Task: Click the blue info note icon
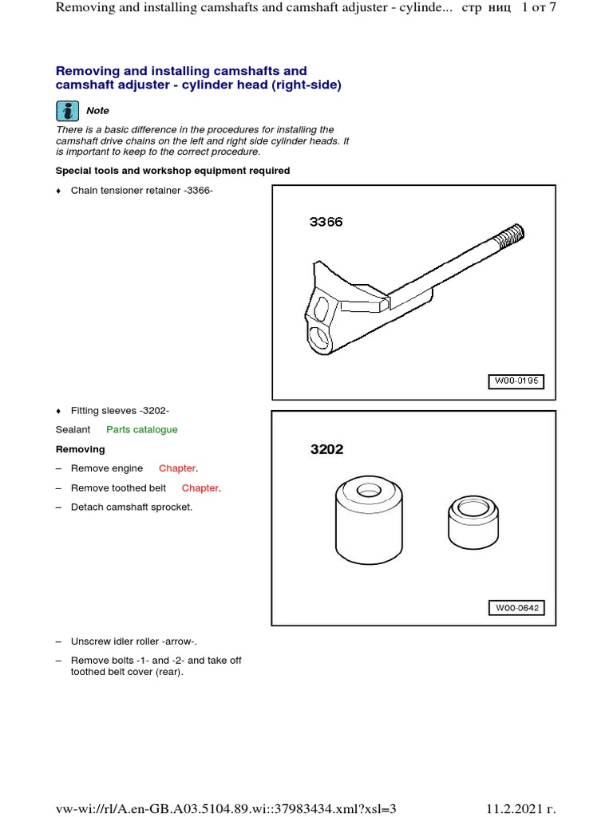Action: [x=67, y=111]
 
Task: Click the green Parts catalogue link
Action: [x=142, y=430]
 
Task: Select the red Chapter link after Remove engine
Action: [x=177, y=468]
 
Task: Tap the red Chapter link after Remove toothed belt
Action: [x=200, y=488]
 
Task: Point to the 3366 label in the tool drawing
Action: [x=326, y=222]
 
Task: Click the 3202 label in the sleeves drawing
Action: [x=326, y=449]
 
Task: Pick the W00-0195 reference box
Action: [x=516, y=381]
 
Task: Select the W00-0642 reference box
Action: [x=516, y=608]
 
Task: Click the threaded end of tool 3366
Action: [x=508, y=235]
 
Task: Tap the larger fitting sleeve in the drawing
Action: [x=369, y=519]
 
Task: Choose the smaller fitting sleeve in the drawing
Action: [x=473, y=523]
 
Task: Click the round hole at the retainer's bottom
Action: [x=319, y=337]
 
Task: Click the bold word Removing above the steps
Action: [x=81, y=449]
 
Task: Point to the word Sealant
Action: [x=73, y=430]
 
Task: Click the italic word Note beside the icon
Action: [x=97, y=110]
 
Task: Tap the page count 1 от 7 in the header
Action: [x=539, y=8]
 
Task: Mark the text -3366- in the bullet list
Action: [x=198, y=191]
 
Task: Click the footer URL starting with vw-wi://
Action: [x=226, y=809]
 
